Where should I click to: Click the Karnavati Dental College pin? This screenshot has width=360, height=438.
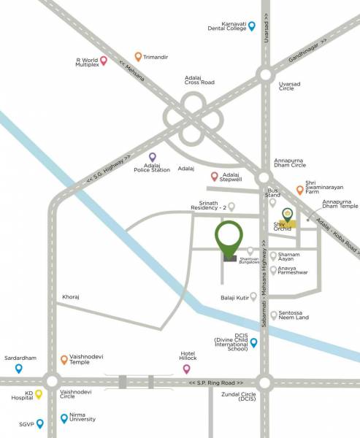pos(252,26)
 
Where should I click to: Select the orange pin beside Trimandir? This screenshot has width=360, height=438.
pos(138,55)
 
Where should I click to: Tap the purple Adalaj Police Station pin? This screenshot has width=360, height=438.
pos(153,157)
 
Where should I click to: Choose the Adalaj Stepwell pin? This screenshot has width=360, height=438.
pos(214,176)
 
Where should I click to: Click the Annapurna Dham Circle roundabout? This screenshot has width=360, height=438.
pos(264,179)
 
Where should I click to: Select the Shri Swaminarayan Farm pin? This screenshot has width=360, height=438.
pos(300,189)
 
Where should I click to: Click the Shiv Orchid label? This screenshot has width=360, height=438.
pos(283,227)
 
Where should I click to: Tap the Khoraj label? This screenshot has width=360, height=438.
pos(72,299)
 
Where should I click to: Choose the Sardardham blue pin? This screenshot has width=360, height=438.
pos(18,368)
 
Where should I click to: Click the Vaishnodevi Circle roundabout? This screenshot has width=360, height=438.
pos(51,381)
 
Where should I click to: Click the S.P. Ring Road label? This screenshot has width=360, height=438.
pos(215,383)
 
